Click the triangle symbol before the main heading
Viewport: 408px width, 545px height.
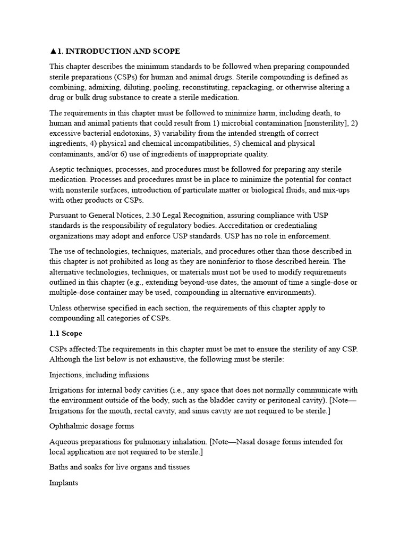click(53, 52)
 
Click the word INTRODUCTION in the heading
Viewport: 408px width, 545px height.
click(91, 52)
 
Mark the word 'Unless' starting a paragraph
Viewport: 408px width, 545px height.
click(61, 308)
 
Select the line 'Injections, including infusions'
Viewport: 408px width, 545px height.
click(99, 375)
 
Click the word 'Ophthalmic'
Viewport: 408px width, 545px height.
click(69, 426)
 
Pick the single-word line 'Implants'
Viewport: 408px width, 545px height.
click(64, 483)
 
